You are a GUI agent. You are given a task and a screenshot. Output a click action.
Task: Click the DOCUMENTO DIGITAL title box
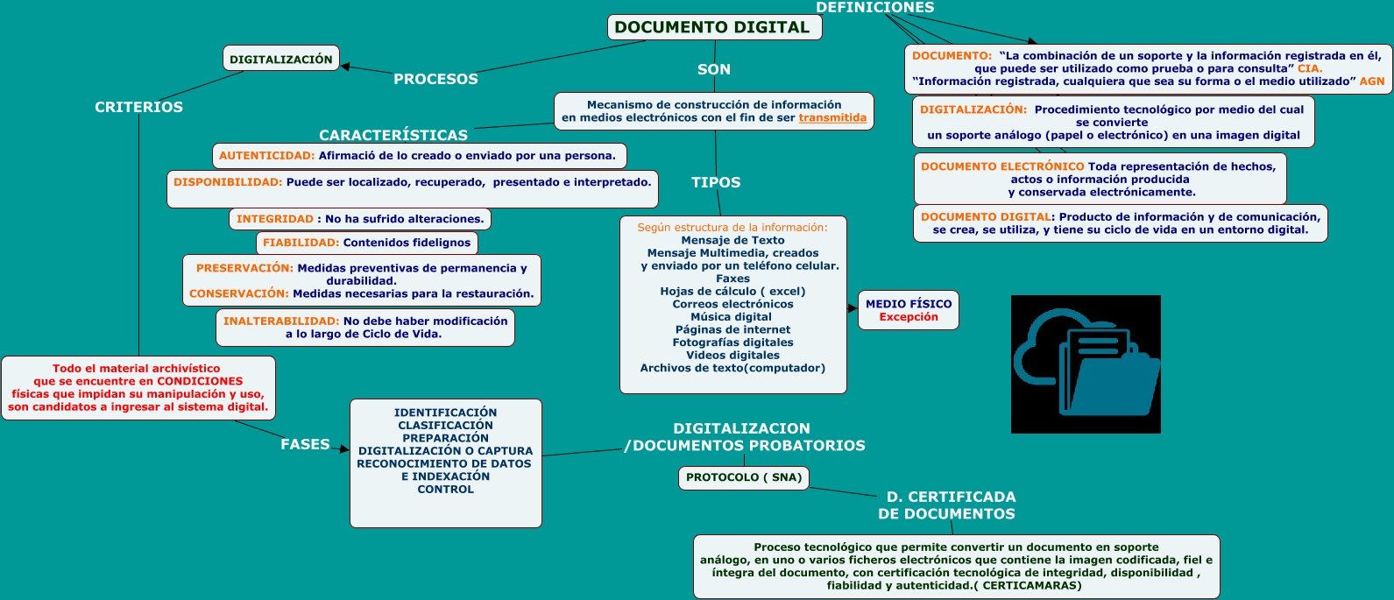pyautogui.click(x=714, y=27)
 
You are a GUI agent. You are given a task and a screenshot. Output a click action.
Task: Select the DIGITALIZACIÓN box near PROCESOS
pyautogui.click(x=281, y=59)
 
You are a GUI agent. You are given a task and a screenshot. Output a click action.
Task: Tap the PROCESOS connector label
pyautogui.click(x=435, y=79)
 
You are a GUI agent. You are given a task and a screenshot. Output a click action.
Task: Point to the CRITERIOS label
pyautogui.click(x=138, y=107)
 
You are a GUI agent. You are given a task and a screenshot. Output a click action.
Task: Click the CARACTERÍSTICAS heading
pyautogui.click(x=393, y=135)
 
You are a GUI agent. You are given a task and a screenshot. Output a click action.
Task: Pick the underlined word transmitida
pyautogui.click(x=832, y=117)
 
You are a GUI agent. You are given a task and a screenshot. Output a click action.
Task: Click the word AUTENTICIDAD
pyautogui.click(x=266, y=156)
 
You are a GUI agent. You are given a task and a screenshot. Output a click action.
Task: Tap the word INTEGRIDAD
pyautogui.click(x=274, y=219)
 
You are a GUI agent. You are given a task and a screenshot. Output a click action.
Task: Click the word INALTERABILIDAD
pyautogui.click(x=281, y=321)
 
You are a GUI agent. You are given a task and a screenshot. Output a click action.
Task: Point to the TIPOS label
pyautogui.click(x=716, y=182)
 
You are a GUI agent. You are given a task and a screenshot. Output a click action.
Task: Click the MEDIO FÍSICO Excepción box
pyautogui.click(x=908, y=310)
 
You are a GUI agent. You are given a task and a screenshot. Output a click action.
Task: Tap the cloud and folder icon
pyautogui.click(x=1086, y=364)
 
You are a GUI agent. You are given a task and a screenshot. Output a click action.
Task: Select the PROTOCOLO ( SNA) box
pyautogui.click(x=743, y=477)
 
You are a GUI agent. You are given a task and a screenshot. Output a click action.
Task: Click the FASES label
pyautogui.click(x=305, y=444)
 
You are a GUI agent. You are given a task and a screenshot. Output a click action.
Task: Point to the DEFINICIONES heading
pyautogui.click(x=874, y=8)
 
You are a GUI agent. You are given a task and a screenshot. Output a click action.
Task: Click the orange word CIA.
pyautogui.click(x=1310, y=68)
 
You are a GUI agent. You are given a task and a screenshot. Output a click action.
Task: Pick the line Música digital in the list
pyautogui.click(x=731, y=317)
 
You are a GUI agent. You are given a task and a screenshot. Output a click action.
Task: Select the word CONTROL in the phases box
pyautogui.click(x=445, y=490)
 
